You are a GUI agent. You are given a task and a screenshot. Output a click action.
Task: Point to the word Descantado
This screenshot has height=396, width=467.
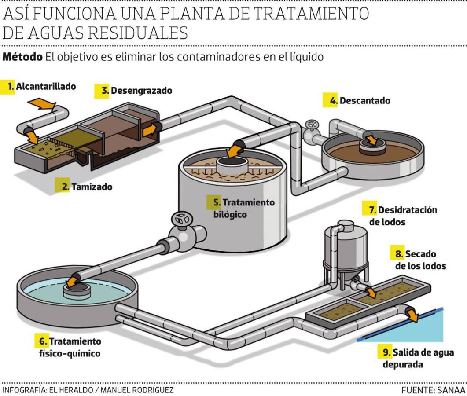[x=365, y=100]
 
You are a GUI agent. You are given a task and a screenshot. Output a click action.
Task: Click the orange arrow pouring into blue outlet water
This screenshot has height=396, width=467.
[x=412, y=314]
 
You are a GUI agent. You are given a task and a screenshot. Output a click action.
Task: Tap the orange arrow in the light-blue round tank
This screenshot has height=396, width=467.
[x=73, y=281]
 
